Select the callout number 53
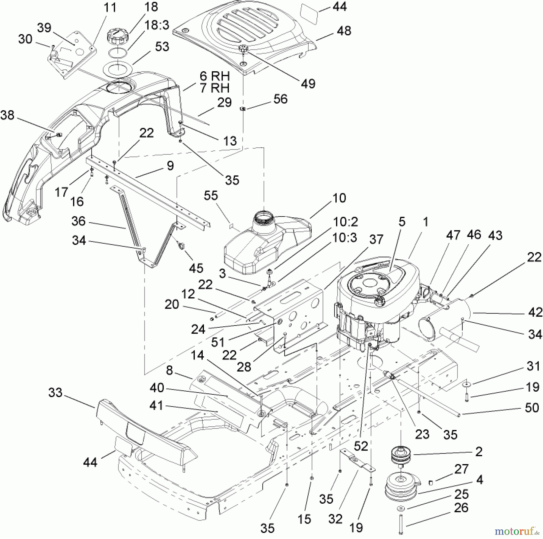pos(162,47)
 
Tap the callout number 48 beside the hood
pos(344,31)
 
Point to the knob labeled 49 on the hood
pos(243,48)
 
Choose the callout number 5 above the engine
pos(402,222)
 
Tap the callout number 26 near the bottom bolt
pos(461,508)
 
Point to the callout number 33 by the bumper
pos(56,393)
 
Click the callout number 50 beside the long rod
pos(532,408)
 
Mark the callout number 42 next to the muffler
pos(535,313)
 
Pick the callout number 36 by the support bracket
pos(79,221)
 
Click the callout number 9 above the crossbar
pos(170,165)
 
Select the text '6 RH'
pos(215,76)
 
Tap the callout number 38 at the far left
pos(8,115)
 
